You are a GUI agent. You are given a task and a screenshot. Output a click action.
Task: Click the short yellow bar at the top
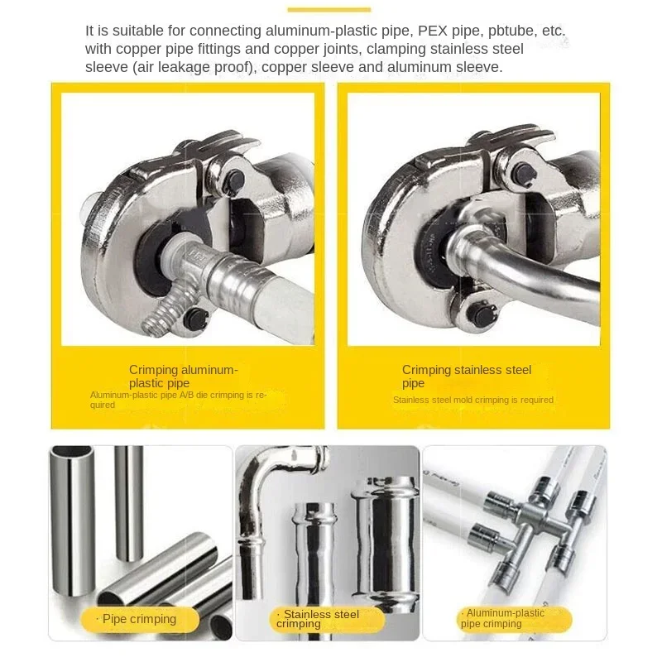pyautogui.click(x=329, y=10)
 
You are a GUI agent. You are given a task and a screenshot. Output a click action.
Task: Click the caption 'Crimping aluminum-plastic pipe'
pyautogui.click(x=183, y=377)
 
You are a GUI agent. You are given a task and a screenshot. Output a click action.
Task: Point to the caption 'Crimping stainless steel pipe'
pyautogui.click(x=467, y=377)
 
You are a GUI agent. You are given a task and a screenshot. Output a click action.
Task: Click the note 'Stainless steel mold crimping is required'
pyautogui.click(x=473, y=400)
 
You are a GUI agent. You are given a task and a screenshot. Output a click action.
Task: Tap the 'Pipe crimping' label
pyautogui.click(x=140, y=619)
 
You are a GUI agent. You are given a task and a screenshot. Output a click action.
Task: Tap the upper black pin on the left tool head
pyautogui.click(x=233, y=178)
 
